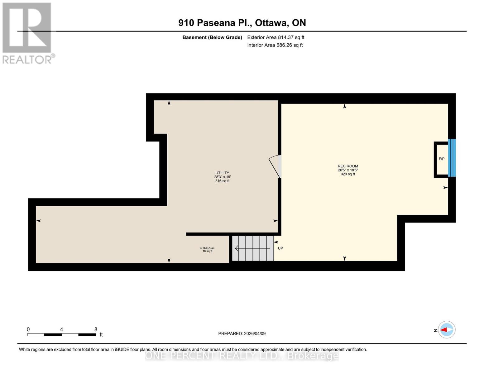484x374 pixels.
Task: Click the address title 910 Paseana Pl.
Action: pos(242,23)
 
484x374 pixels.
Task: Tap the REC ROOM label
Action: pos(348,166)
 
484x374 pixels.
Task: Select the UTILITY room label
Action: pos(222,173)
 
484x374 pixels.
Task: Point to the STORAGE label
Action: pos(207,248)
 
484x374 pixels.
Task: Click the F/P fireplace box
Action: pos(441,159)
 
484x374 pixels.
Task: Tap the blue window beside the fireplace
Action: pos(452,158)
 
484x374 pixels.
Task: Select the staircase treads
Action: pos(253,248)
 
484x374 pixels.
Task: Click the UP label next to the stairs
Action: pos(280,248)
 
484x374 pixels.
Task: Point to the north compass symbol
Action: pos(447,330)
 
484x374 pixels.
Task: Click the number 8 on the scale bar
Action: pos(96,329)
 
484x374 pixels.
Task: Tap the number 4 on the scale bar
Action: pos(61,329)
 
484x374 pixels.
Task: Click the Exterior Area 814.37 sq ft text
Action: pos(276,37)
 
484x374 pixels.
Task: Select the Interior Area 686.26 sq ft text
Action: pos(275,45)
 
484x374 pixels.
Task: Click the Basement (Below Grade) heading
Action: pos(212,37)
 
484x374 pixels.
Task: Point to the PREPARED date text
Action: pos(242,333)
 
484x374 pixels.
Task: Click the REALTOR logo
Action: pos(27,33)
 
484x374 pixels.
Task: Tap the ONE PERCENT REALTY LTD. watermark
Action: pos(242,356)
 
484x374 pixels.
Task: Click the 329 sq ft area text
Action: pos(348,174)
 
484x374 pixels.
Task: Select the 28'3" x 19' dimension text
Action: pos(222,177)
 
